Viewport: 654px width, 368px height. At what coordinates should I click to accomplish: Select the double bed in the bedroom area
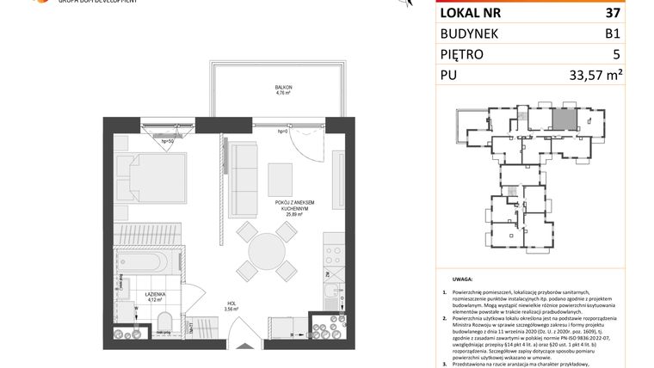click(155, 175)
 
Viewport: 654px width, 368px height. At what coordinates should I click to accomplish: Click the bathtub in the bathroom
click(146, 262)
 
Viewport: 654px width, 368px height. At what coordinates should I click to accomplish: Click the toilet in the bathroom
click(163, 322)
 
